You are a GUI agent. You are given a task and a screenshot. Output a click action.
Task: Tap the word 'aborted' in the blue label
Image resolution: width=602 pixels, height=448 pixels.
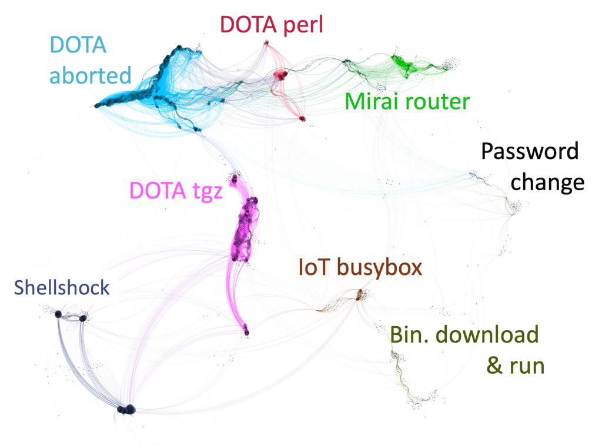[90, 75]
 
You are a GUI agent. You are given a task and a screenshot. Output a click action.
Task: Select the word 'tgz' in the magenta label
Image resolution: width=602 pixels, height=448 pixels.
[208, 191]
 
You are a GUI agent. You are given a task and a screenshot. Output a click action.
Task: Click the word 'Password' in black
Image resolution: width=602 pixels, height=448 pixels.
[530, 151]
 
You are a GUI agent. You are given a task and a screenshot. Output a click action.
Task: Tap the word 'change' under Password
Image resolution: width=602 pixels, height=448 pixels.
[547, 182]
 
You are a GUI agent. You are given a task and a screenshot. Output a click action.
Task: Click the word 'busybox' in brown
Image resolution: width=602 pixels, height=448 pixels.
[379, 268]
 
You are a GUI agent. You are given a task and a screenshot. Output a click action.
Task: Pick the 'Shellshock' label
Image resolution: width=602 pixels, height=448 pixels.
[62, 287]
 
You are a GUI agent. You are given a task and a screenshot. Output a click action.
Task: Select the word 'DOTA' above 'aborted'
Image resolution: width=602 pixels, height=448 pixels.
[78, 45]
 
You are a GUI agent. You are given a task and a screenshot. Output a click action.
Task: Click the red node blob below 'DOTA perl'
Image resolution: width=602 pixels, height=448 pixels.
[281, 74]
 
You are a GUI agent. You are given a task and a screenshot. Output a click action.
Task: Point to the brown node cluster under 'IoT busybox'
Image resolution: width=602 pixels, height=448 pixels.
[360, 296]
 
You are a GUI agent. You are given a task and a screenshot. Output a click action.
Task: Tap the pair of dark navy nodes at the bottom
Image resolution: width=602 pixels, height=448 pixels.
[127, 410]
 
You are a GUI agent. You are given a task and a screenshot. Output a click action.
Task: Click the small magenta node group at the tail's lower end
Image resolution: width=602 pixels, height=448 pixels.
[246, 330]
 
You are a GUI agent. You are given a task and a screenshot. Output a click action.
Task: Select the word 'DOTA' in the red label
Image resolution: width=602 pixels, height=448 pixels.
[249, 25]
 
